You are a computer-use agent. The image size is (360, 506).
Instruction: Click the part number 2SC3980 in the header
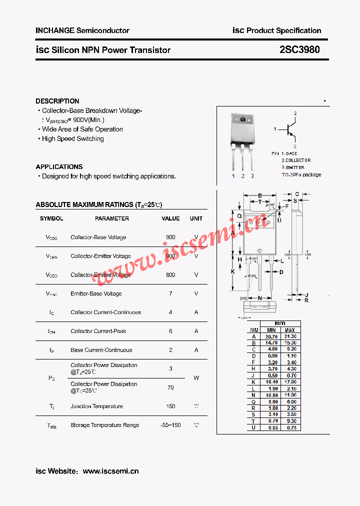(x=299, y=49)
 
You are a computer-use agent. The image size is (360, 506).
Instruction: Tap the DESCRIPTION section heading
(x=57, y=101)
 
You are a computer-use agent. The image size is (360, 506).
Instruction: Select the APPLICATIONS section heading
(x=59, y=166)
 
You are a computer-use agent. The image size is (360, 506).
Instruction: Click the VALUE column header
(x=170, y=218)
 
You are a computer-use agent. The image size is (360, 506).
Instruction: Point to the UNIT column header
(x=196, y=218)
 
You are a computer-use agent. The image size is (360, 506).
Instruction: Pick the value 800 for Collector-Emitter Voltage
(x=170, y=274)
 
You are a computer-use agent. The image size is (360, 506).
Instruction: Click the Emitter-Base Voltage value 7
(x=170, y=293)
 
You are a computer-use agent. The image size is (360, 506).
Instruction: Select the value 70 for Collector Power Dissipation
(x=170, y=387)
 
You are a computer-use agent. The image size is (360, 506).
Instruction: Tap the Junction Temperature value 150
(x=170, y=406)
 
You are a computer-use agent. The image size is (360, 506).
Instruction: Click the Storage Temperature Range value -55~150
(x=170, y=425)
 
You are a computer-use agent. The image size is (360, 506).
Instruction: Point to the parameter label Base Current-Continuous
(x=101, y=350)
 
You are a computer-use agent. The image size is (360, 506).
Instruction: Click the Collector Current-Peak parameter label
(x=98, y=331)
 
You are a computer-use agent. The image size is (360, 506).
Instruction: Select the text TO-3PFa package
(x=301, y=175)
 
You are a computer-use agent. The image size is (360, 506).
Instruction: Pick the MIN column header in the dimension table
(x=271, y=330)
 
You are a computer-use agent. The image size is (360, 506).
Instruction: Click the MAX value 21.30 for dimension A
(x=290, y=336)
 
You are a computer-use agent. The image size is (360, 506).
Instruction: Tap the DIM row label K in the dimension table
(x=254, y=382)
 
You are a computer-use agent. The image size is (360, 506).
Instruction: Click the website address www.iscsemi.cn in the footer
(x=110, y=471)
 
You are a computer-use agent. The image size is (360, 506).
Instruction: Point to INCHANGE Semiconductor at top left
(x=82, y=30)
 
